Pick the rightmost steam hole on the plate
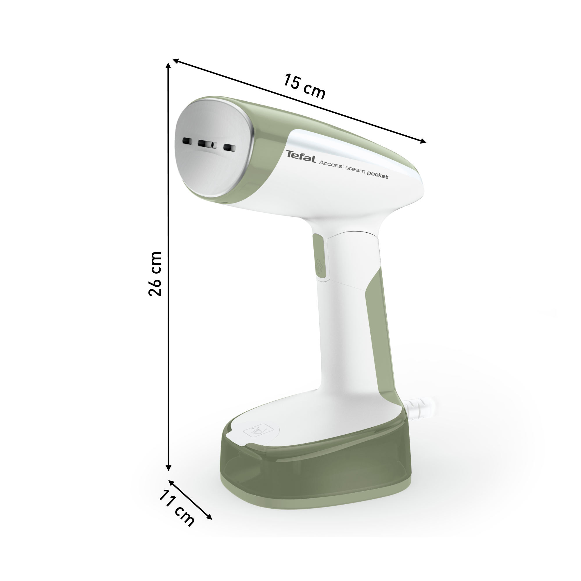(x=229, y=147)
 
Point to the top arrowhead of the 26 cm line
(x=169, y=66)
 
